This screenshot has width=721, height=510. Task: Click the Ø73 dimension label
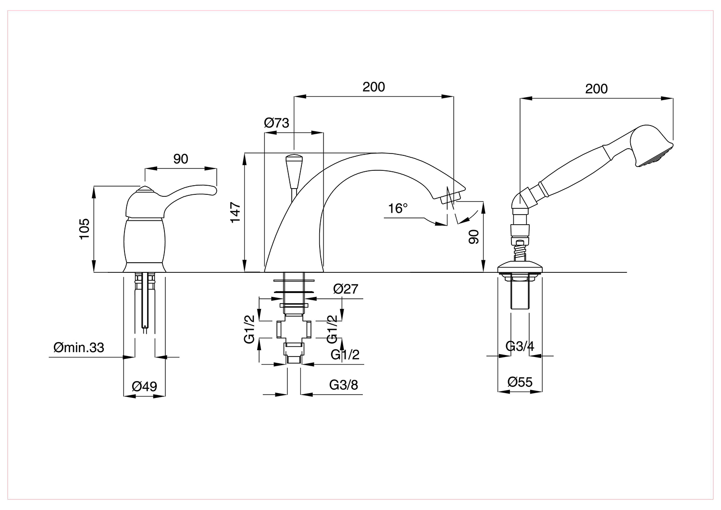point(276,123)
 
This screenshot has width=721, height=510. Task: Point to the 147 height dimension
point(236,212)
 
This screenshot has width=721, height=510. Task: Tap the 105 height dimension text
point(84,229)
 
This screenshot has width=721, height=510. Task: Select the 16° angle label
point(398,208)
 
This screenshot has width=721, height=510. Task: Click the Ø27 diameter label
point(346,289)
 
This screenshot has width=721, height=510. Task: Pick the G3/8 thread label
point(344,385)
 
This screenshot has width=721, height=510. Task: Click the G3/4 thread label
point(520,346)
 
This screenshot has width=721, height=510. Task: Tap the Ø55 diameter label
point(520,382)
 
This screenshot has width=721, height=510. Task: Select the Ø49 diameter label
point(145,386)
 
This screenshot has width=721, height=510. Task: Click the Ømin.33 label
point(79,348)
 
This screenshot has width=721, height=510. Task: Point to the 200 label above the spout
point(373,87)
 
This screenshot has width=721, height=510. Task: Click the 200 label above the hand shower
point(597,89)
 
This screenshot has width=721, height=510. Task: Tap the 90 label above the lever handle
point(181,159)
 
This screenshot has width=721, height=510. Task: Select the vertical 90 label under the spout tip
point(473,237)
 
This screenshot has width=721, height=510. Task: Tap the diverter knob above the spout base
point(294,171)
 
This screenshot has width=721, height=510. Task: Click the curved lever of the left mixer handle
point(190,191)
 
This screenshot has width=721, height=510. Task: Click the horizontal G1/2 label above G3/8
point(345,355)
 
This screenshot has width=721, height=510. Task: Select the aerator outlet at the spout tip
point(451,197)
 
